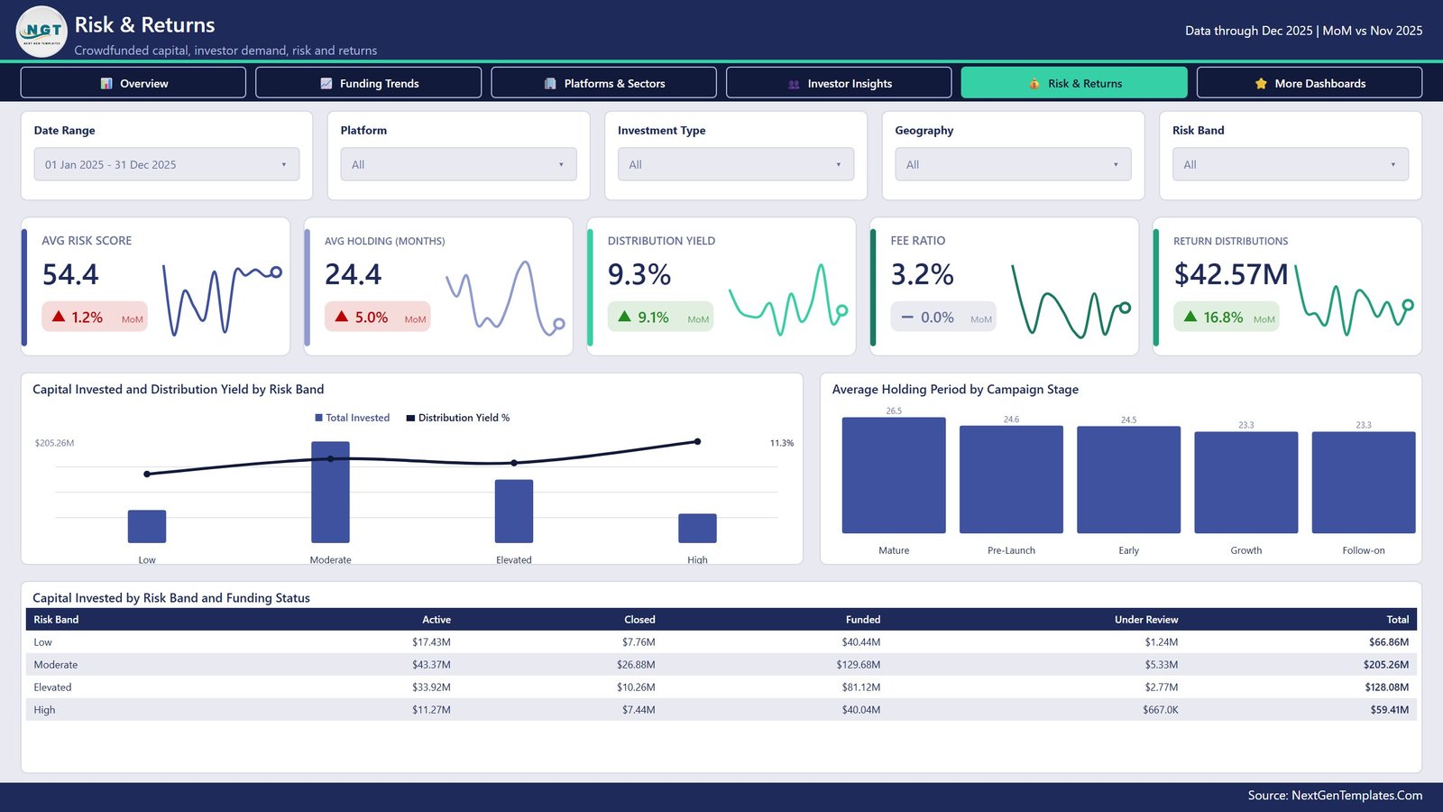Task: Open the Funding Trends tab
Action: (369, 83)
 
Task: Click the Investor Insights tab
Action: (839, 83)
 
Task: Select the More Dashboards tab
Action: (1309, 83)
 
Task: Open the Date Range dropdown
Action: (167, 164)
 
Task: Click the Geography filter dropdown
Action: (1013, 164)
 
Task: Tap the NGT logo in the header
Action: (41, 31)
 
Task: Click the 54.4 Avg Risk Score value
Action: (70, 274)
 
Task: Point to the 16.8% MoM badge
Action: (1226, 317)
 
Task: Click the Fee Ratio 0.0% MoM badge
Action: (943, 317)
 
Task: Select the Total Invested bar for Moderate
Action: (330, 493)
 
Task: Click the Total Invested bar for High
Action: (697, 529)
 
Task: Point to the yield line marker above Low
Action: (147, 475)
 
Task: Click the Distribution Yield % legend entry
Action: (458, 418)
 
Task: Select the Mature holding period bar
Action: (894, 475)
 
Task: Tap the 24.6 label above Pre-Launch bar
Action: (1011, 420)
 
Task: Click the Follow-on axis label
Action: (1363, 550)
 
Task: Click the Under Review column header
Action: (1146, 619)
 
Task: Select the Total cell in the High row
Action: (1390, 709)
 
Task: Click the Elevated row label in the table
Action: (52, 687)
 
